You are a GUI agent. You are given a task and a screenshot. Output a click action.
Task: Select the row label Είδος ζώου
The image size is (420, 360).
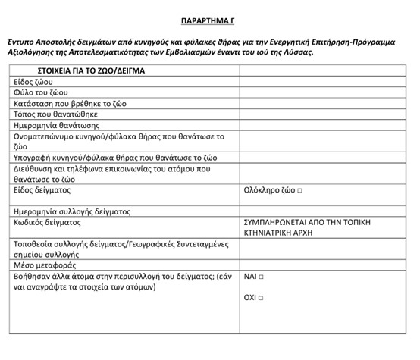click(x=33, y=82)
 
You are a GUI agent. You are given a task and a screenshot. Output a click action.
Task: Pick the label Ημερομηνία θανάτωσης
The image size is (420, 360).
click(x=56, y=124)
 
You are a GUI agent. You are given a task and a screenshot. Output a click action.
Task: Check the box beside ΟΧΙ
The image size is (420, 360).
click(x=262, y=298)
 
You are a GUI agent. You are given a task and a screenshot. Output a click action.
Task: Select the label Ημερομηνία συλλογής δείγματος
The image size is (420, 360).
click(x=72, y=211)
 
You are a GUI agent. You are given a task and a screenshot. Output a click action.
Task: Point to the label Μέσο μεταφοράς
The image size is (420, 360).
click(x=45, y=265)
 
